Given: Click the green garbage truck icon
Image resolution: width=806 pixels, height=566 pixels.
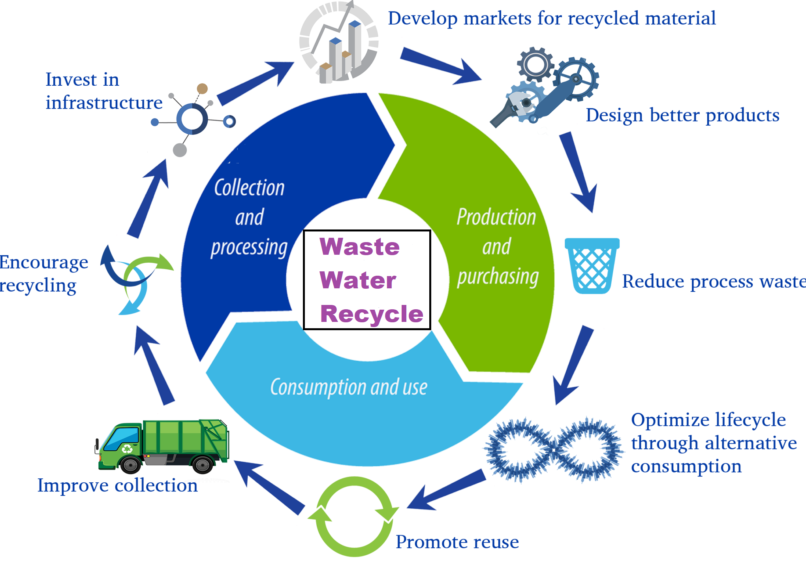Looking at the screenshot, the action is tap(162, 446).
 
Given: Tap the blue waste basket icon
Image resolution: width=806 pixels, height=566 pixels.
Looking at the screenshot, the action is tap(592, 266).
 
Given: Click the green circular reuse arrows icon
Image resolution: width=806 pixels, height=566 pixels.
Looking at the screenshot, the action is tap(353, 516).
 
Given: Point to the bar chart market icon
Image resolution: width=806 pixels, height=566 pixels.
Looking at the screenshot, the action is tap(339, 42).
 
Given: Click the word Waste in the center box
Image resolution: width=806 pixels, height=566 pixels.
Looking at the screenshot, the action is tap(360, 247).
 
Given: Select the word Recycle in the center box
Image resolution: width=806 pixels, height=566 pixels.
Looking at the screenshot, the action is tap(372, 314).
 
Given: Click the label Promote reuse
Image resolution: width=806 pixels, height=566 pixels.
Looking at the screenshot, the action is tap(457, 542).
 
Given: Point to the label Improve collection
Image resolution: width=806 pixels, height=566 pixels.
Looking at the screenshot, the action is tap(118, 485).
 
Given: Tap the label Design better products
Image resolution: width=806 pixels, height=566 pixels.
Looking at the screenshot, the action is tap(682, 116).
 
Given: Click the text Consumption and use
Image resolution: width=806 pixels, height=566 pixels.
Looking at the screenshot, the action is tap(349, 387).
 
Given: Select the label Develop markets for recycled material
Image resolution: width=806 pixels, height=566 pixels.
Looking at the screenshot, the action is tap(552, 19).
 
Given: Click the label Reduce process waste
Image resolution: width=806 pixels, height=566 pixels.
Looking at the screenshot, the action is tap(714, 282).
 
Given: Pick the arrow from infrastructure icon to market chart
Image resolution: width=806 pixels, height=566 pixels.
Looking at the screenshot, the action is tap(256, 83).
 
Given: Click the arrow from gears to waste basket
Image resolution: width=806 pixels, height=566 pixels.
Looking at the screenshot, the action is tap(578, 172).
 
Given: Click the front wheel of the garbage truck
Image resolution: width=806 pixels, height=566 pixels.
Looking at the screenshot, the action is tap(130, 464).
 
